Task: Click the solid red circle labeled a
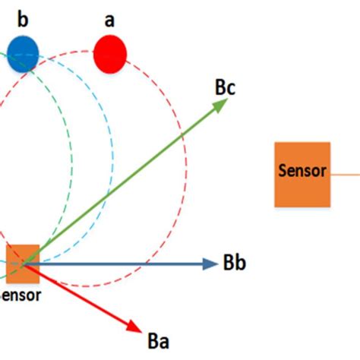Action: [x=110, y=54]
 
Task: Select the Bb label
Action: [x=234, y=264]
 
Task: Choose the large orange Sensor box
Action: [x=302, y=174]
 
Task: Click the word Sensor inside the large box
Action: [x=302, y=172]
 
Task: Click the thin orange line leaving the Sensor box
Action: [x=345, y=173]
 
